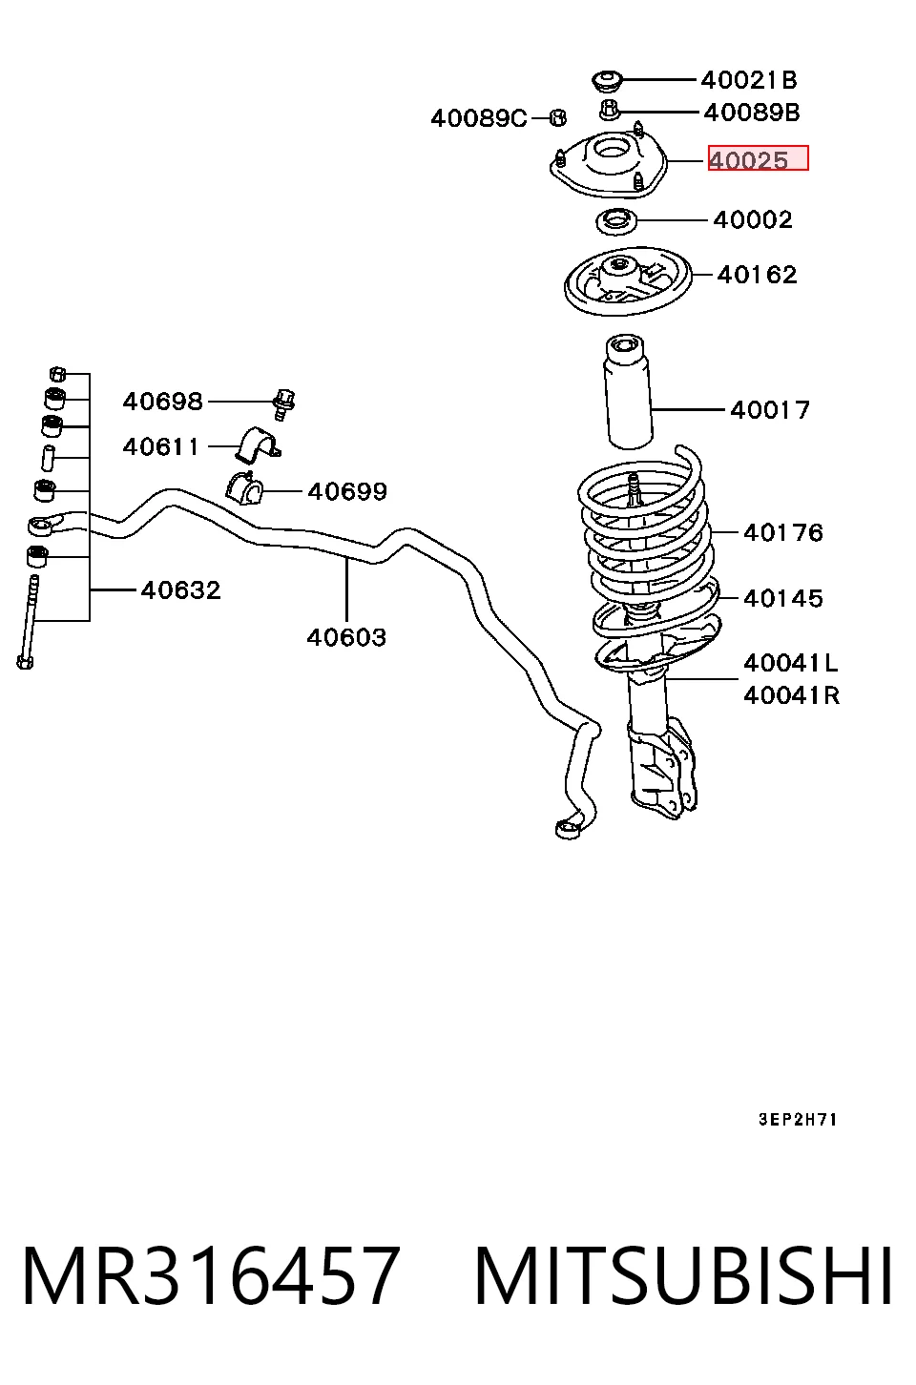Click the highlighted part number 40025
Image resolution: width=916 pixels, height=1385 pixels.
click(748, 160)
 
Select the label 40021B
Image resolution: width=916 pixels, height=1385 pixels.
click(749, 80)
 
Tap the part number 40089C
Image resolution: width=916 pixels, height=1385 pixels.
click(479, 117)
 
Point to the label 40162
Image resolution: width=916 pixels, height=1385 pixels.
click(757, 275)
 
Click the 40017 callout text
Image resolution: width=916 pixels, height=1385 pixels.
click(770, 409)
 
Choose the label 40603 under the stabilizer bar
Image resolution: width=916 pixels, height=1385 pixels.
click(346, 637)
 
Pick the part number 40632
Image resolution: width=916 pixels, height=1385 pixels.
click(180, 589)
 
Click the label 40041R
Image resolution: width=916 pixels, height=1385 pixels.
click(792, 695)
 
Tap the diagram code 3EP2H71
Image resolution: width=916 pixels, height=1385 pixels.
click(798, 1120)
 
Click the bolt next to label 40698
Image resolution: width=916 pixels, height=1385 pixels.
click(284, 404)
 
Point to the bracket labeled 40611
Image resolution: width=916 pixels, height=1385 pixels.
click(258, 444)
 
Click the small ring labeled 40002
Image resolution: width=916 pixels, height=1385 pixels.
click(616, 221)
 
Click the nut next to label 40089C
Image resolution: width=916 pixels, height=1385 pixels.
click(558, 117)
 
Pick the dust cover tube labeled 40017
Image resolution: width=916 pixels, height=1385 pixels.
click(628, 391)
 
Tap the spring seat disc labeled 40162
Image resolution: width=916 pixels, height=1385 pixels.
click(628, 281)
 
